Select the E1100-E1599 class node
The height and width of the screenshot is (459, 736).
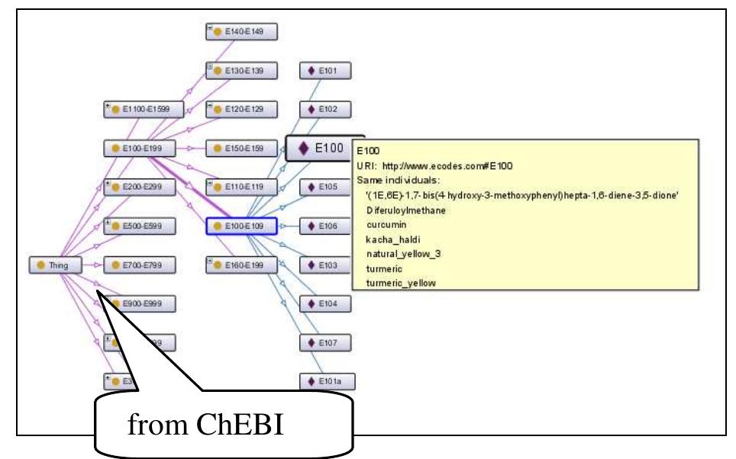click(x=142, y=109)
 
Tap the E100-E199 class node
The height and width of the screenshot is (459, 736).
click(x=142, y=147)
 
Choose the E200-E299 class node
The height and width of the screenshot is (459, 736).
click(x=142, y=187)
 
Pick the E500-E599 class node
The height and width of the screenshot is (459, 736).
click(x=142, y=226)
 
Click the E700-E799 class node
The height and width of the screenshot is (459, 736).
click(x=142, y=265)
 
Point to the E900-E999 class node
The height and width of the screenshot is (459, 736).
click(x=142, y=303)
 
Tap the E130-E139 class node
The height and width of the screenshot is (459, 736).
click(x=240, y=70)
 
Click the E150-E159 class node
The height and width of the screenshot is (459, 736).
click(x=240, y=147)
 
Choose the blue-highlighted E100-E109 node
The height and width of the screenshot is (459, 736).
click(x=240, y=226)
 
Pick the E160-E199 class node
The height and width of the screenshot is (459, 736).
click(x=240, y=265)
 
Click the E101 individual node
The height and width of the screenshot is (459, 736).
click(x=324, y=71)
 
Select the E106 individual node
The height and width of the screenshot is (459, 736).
click(x=324, y=226)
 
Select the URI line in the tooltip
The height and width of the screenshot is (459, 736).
click(x=431, y=166)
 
